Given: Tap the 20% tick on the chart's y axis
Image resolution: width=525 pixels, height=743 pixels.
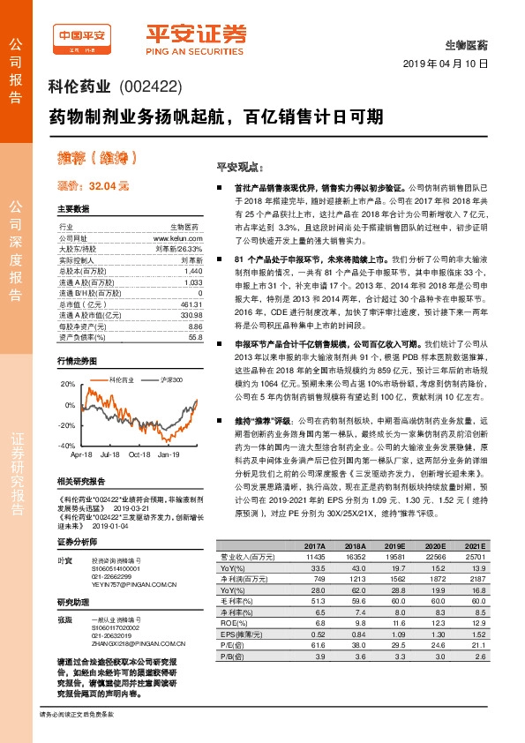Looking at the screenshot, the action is coord(66,385).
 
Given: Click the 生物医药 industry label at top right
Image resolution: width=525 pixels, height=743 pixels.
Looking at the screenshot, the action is coord(468,43).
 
